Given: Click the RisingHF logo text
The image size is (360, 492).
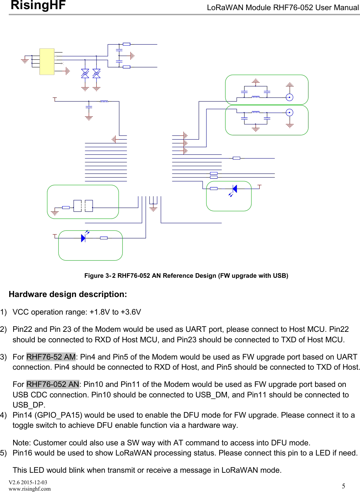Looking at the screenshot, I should (38, 5).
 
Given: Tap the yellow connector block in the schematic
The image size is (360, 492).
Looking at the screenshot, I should (47, 62).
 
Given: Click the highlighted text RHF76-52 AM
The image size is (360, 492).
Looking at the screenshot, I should (51, 357).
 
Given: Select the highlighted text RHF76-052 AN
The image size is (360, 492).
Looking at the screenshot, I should (52, 384).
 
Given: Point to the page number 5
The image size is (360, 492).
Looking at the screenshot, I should (343, 486).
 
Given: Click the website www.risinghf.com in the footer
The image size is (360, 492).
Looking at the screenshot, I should (30, 489).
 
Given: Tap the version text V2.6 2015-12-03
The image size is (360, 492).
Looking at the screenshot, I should (28, 482).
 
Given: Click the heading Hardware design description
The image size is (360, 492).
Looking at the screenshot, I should (68, 294).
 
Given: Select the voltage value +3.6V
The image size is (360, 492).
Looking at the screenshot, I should (131, 312).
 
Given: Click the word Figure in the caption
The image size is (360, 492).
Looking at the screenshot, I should (94, 276).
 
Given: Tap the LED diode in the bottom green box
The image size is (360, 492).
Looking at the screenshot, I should (83, 238).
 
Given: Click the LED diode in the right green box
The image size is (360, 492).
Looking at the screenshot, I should (235, 189).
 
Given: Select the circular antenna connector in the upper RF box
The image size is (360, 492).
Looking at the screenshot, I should (289, 97).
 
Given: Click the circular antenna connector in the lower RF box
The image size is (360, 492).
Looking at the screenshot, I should (289, 113).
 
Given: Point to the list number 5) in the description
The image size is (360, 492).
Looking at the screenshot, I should (3, 453).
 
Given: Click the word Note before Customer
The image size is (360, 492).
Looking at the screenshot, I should (21, 443).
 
